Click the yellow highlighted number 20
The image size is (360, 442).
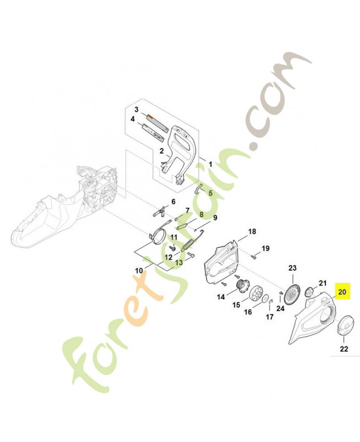point(342,292)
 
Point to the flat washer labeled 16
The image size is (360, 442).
point(265,299)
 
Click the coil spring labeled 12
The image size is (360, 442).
point(187,244)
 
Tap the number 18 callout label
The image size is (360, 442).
point(252,231)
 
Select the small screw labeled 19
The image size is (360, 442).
point(253,256)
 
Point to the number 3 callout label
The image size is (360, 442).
point(136,109)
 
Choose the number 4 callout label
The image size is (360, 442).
point(133,119)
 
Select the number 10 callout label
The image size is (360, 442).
point(139,271)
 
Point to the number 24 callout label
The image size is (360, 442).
point(280,308)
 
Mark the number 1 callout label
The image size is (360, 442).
point(210,164)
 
